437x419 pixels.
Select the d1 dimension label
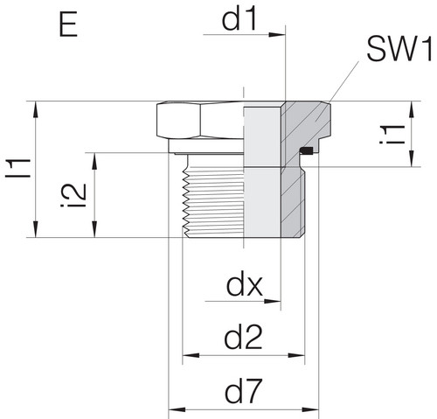pyautogui.click(x=239, y=19)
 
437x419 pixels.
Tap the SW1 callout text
pyautogui.click(x=399, y=50)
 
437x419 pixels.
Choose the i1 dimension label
pyautogui.click(x=392, y=134)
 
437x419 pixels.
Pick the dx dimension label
pyautogui.click(x=245, y=285)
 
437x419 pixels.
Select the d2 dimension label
pyautogui.click(x=243, y=339)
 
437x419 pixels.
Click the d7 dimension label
pyautogui.click(x=242, y=391)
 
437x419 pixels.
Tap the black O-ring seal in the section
pyautogui.click(x=307, y=150)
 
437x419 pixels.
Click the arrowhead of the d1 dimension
pyautogui.click(x=277, y=35)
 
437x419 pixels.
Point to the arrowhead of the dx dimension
pyautogui.click(x=272, y=301)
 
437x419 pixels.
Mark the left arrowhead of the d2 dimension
pyautogui.click(x=191, y=355)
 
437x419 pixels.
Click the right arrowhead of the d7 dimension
pyautogui.click(x=310, y=409)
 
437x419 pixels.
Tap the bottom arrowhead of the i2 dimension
pyautogui.click(x=94, y=229)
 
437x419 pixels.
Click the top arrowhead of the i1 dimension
pyautogui.click(x=411, y=110)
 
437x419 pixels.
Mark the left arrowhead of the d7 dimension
pyautogui.click(x=177, y=409)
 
